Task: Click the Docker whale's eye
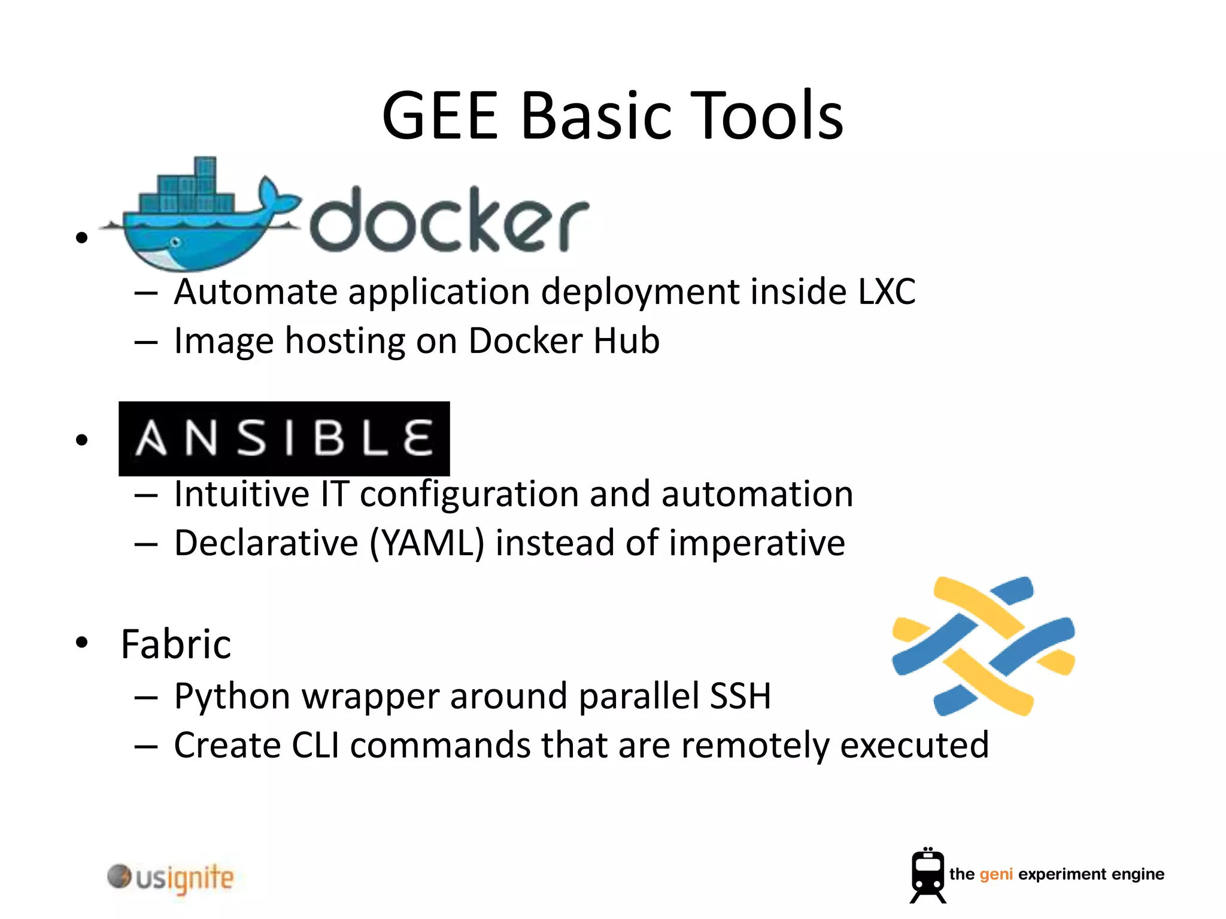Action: coord(175,242)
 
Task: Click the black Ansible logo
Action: coord(284,439)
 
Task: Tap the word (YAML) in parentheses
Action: coord(426,543)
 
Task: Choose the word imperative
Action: coord(757,543)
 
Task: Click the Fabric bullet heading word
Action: coord(176,644)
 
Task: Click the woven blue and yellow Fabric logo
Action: coord(983,646)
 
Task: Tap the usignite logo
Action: coord(171,878)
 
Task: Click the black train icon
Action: coord(927,875)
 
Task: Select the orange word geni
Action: coord(996,875)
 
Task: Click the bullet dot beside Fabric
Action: coord(82,643)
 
